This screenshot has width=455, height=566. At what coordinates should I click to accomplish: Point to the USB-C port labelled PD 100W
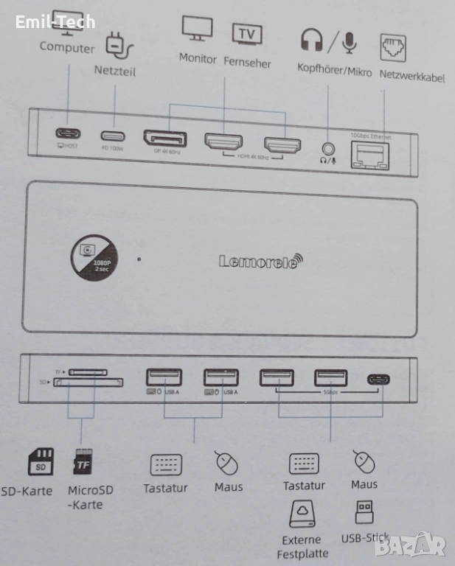click(x=113, y=136)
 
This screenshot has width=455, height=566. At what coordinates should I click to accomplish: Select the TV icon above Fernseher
click(x=247, y=34)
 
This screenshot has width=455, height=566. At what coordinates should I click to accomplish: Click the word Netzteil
click(x=114, y=71)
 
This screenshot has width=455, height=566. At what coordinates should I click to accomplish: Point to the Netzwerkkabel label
click(x=411, y=76)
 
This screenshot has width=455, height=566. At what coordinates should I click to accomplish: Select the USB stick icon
click(x=364, y=511)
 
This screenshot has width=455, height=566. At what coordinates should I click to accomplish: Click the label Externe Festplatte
click(x=302, y=546)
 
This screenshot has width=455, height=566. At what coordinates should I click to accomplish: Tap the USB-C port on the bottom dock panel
click(x=379, y=380)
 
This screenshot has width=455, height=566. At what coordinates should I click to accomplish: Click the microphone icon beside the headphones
click(x=349, y=41)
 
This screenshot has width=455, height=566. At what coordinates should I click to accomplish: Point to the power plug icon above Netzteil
click(x=119, y=46)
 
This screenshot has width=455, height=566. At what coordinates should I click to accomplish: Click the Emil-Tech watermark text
click(x=55, y=21)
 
